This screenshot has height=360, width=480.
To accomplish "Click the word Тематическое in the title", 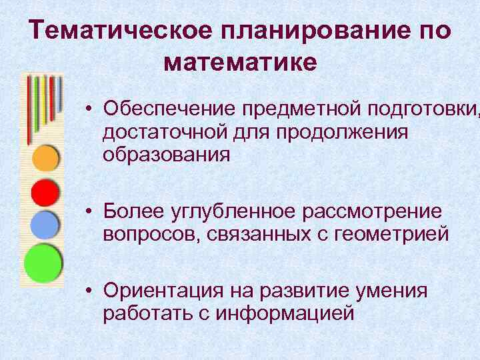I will pyautogui.click(x=121, y=31).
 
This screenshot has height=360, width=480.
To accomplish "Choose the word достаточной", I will pyautogui.click(x=167, y=131).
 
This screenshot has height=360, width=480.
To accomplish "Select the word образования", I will pyautogui.click(x=167, y=155).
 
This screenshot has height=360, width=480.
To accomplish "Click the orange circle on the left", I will pyautogui.click(x=46, y=159).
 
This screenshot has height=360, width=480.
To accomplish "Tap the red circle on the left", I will pyautogui.click(x=46, y=193).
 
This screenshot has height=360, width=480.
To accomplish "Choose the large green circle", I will pyautogui.click(x=43, y=264).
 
